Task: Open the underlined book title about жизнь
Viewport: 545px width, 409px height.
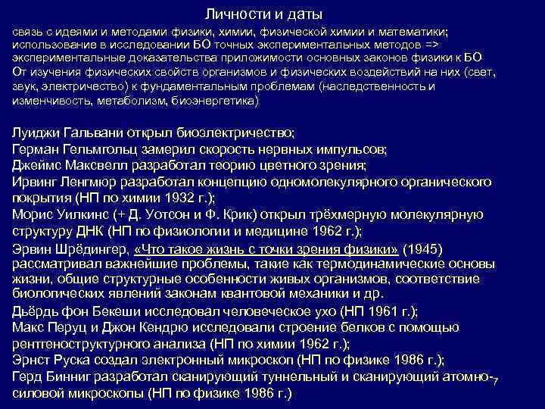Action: point(265,248)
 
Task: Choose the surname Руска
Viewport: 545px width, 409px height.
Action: point(84,361)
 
